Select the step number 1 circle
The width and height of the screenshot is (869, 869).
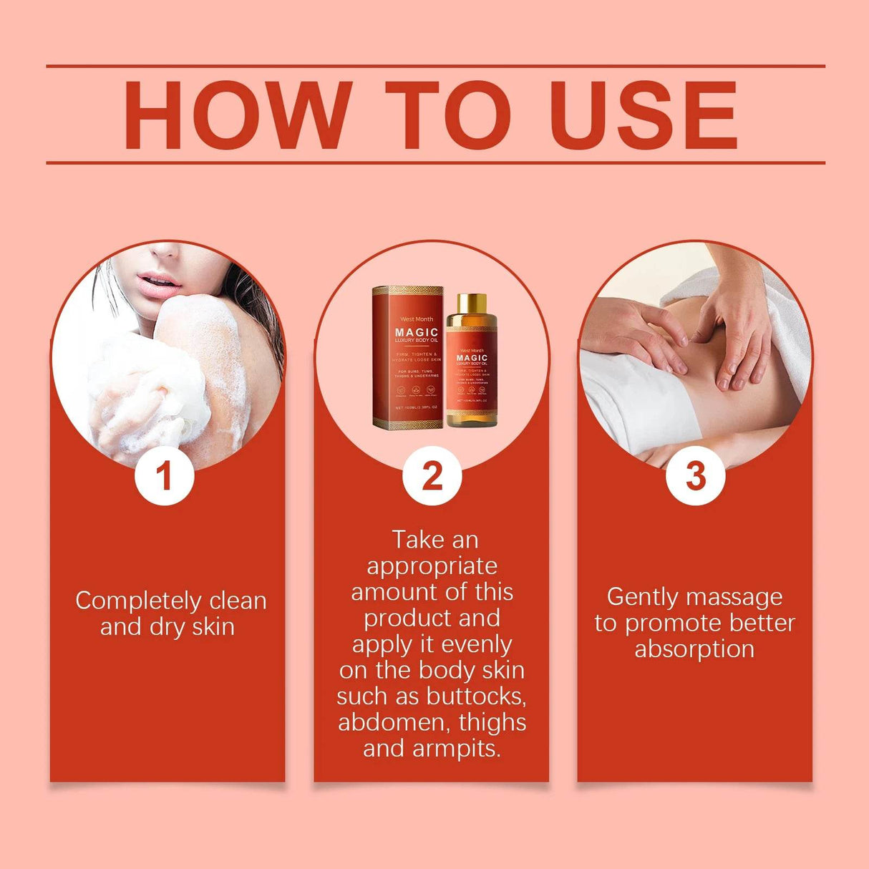point(165,476)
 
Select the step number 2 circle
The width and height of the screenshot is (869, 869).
point(432,476)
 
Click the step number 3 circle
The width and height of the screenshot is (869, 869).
point(695,476)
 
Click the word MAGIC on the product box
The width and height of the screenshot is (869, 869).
point(417,332)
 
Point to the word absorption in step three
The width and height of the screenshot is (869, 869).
point(694,649)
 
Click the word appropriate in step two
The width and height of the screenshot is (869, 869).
point(432,566)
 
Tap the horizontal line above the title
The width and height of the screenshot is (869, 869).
point(435,66)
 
